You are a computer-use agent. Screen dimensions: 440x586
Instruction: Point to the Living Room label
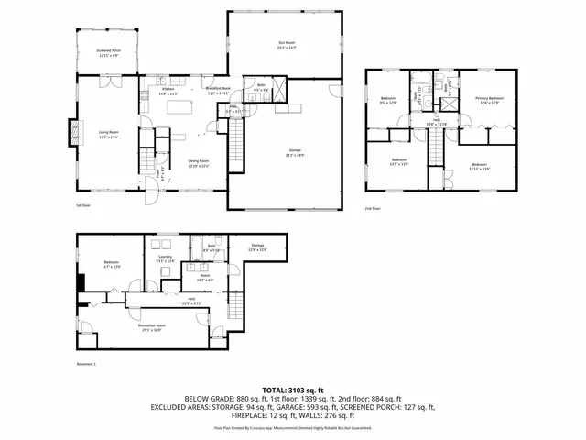tap(110, 134)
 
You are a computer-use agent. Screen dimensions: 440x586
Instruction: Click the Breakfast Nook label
tap(217, 90)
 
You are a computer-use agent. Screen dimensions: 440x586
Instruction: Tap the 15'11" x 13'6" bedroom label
tap(480, 166)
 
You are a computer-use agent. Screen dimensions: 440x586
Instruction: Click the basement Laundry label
tap(165, 259)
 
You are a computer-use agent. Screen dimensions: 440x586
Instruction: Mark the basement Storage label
tap(258, 247)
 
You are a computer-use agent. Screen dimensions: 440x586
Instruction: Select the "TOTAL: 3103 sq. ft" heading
tap(293, 390)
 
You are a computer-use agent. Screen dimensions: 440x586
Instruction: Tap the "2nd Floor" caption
tap(373, 209)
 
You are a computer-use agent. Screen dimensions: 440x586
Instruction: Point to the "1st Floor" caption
tap(83, 206)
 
